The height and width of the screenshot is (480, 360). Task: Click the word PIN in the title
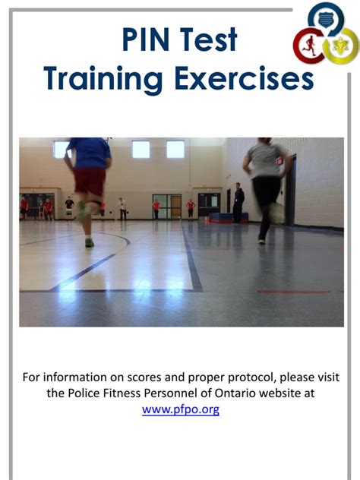[x=145, y=39]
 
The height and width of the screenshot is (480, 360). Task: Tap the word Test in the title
[x=208, y=39]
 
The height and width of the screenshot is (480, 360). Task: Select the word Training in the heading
[x=103, y=80]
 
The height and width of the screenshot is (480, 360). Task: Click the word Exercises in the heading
[x=244, y=77]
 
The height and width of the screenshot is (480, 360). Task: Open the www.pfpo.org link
[x=181, y=409]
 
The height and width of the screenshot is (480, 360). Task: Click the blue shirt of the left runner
[x=90, y=153]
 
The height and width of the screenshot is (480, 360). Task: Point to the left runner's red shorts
[x=90, y=182]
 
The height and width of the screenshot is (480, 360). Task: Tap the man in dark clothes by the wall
[x=238, y=203]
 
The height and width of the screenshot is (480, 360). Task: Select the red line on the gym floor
[x=293, y=292]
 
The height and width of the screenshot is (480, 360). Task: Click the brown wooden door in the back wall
[x=176, y=207]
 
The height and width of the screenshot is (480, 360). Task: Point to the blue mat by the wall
[x=229, y=217]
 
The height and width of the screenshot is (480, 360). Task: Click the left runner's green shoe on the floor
[x=90, y=243]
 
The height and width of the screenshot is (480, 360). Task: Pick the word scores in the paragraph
[x=144, y=377]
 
